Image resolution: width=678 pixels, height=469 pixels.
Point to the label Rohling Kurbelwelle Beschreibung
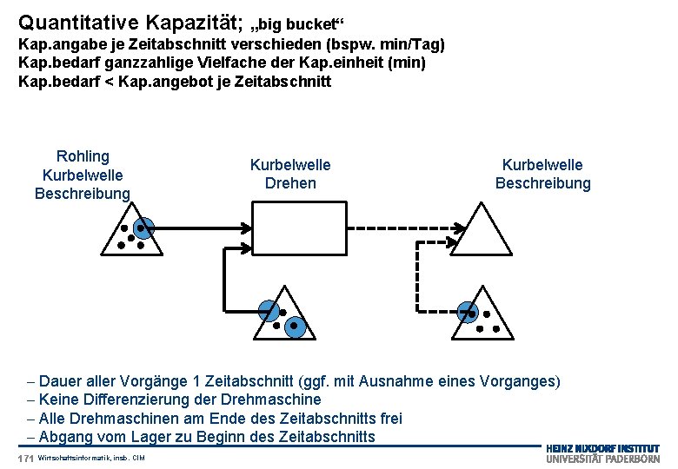tap(83, 175)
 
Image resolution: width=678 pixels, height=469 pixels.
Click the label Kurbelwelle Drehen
tap(290, 174)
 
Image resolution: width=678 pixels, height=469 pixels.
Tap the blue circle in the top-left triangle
tap(144, 228)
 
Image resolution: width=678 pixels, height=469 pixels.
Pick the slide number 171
tap(24, 458)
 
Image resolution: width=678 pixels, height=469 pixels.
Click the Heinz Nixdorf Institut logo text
tap(602, 448)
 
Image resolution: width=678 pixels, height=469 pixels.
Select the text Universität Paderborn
tap(602, 459)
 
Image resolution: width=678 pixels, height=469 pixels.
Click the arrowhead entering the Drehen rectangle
tap(245, 228)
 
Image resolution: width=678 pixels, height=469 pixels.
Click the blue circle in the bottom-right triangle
tap(469, 310)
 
